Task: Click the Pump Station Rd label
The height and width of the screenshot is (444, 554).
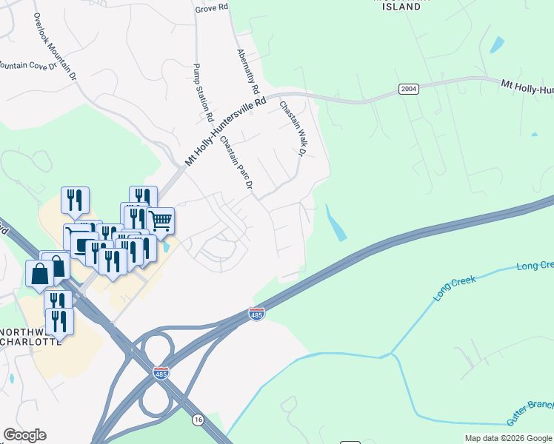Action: pos(202,92)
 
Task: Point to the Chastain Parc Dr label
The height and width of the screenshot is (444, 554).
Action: pos(237,162)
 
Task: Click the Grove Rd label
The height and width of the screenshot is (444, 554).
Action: pos(211,9)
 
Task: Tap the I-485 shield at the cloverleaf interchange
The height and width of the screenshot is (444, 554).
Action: pos(161,373)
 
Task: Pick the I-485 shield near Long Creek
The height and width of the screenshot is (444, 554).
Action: pos(256,314)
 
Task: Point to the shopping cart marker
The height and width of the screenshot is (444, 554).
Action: pos(161,220)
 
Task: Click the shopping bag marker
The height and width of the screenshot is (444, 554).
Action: pos(40,273)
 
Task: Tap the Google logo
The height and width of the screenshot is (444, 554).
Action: pos(24,435)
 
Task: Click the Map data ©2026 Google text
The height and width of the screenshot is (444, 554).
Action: pos(508,438)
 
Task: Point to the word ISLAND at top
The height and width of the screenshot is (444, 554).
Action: pos(405,7)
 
